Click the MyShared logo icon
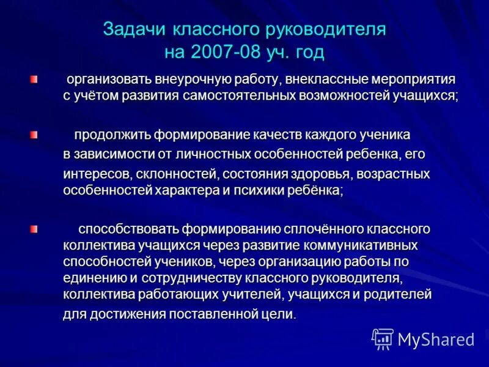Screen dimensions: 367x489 [x=383, y=339]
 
